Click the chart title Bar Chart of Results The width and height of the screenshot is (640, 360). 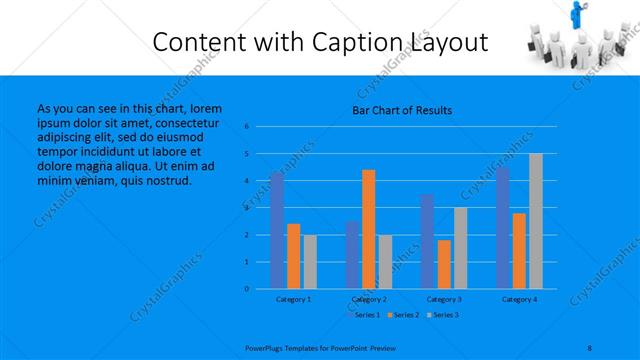point(401,110)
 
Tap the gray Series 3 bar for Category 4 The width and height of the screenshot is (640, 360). point(536,221)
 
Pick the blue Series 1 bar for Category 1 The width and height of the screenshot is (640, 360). point(277,230)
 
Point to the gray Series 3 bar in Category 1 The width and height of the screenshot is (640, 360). point(310,261)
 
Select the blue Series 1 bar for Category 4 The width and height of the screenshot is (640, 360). point(503,227)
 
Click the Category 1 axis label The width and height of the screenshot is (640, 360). point(293,299)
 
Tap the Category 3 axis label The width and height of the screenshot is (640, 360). point(444,299)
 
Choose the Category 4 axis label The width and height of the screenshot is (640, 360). point(519,299)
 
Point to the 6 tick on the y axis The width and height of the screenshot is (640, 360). point(246,127)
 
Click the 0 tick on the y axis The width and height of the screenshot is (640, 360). point(246,289)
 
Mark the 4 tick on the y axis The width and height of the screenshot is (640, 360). point(246,181)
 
